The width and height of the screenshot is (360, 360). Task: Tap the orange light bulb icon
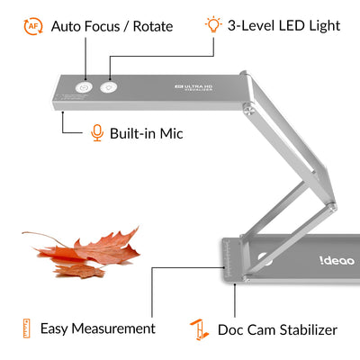212,24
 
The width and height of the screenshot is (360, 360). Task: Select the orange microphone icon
97,133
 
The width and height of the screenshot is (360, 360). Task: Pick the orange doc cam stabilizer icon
198,328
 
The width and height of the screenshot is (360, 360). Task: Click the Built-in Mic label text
147,133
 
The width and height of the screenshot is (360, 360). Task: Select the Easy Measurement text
97,329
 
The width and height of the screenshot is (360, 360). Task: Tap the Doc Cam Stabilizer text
277,329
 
